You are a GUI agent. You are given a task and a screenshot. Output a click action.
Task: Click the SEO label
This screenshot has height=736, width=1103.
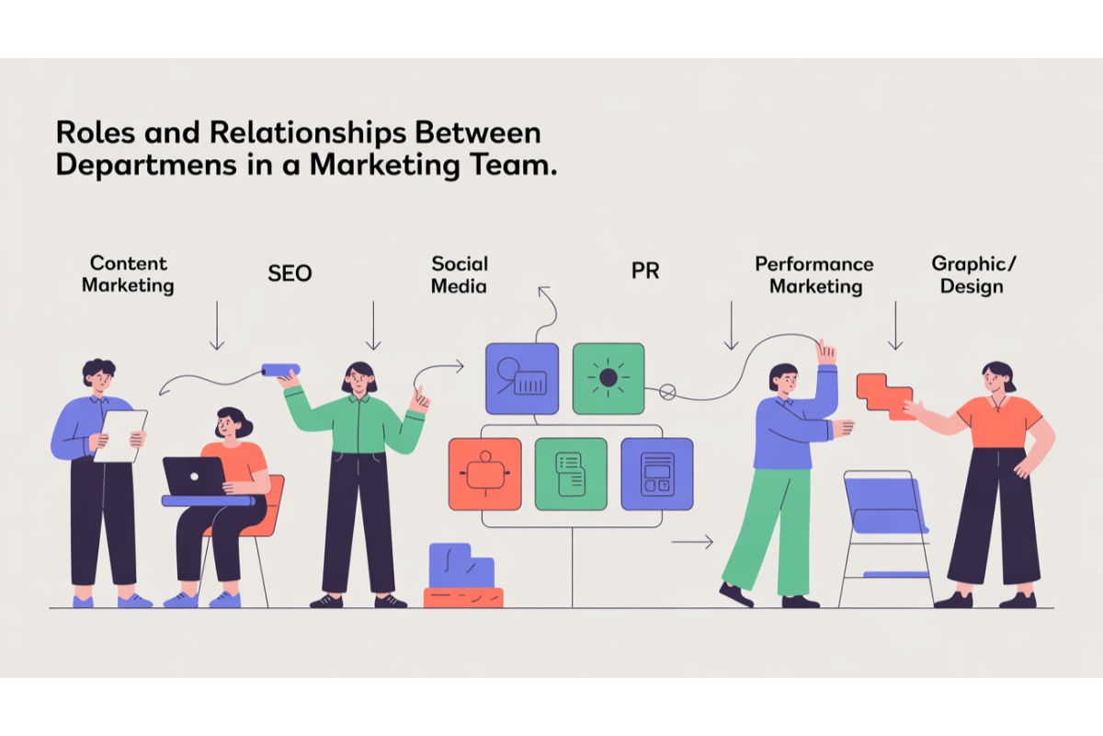tap(290, 273)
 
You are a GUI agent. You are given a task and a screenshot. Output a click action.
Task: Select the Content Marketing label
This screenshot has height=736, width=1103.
tap(128, 274)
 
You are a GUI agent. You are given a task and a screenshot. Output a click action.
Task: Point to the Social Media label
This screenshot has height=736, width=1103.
tap(460, 274)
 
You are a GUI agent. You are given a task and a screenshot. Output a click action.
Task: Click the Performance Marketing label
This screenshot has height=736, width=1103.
tap(815, 274)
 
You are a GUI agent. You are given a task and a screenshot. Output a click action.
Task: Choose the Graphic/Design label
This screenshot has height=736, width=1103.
tap(973, 274)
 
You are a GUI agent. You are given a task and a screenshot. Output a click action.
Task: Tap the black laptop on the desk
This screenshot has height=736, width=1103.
tap(194, 476)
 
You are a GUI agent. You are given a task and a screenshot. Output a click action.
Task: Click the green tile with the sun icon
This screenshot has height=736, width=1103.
tap(608, 378)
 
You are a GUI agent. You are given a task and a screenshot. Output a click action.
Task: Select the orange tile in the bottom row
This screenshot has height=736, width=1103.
tap(484, 474)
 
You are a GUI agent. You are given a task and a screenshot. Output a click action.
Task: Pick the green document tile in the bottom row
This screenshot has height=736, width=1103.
tap(571, 474)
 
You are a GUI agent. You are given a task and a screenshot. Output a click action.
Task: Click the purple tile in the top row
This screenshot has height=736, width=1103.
tap(521, 378)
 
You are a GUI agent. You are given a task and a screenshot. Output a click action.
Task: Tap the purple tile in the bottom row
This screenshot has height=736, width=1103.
tap(656, 474)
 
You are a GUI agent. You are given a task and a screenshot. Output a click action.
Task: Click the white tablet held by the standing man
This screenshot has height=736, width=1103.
tap(120, 435)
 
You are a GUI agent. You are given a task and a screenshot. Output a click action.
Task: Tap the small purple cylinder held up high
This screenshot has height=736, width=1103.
tap(276, 369)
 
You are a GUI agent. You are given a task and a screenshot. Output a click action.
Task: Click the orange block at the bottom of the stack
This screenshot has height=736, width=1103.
tap(463, 597)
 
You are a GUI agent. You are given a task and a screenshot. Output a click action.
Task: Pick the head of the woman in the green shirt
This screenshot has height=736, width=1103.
tap(359, 377)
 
